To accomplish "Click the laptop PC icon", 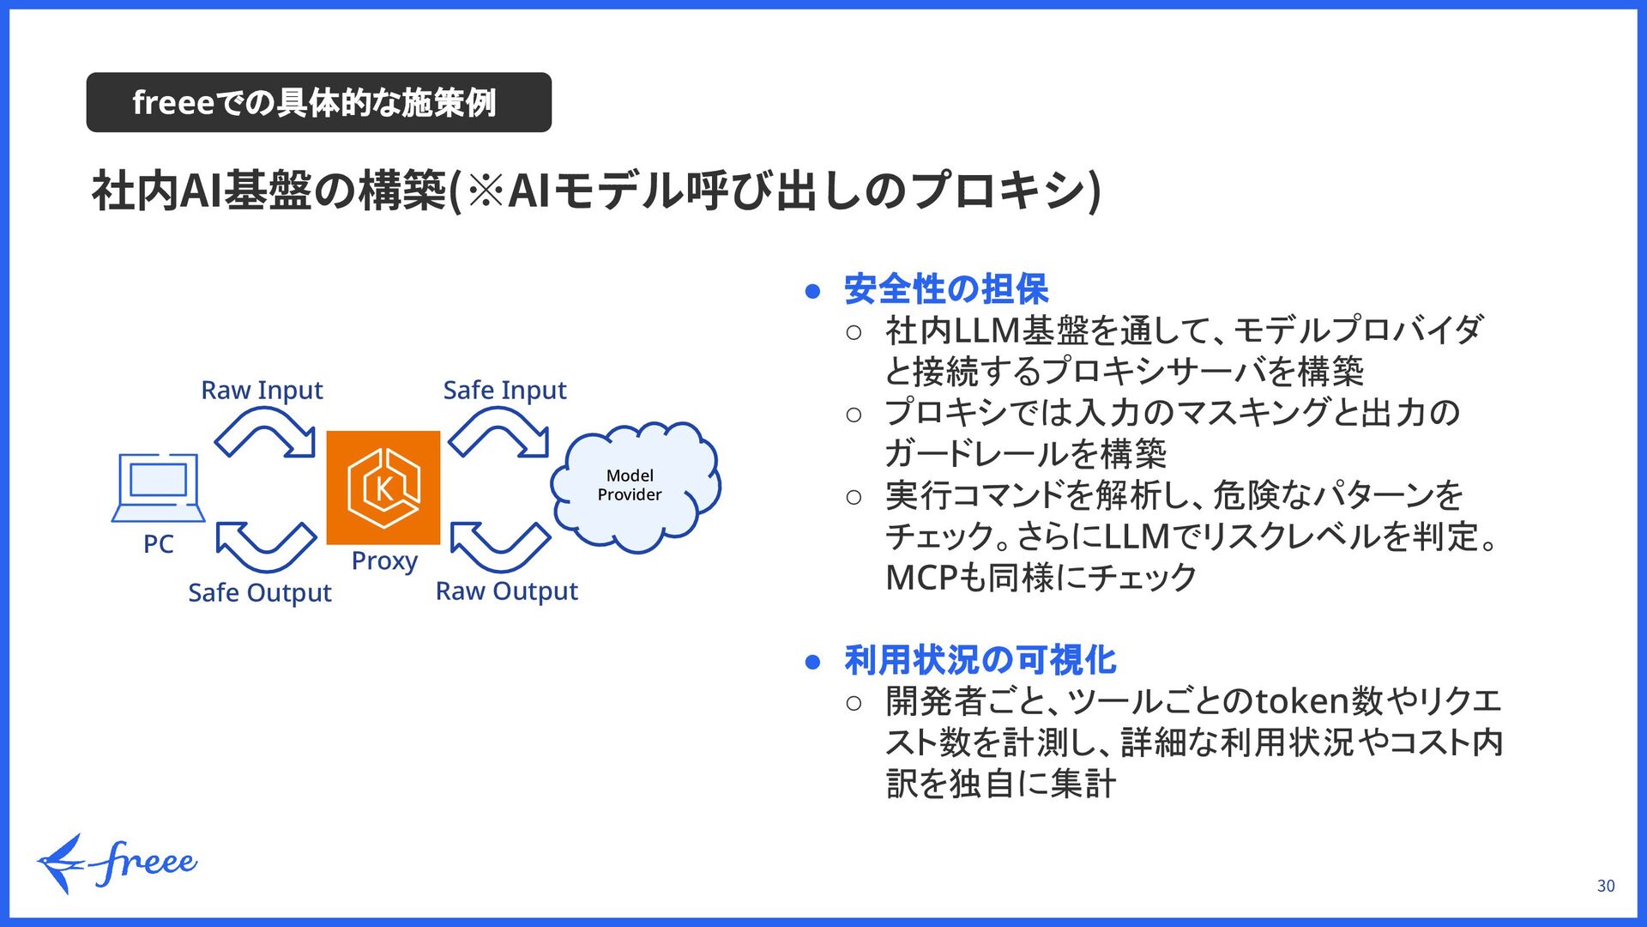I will [x=159, y=487].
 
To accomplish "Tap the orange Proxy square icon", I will [x=383, y=488].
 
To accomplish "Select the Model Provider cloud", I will [x=635, y=486].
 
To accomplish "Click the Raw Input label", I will [x=262, y=391].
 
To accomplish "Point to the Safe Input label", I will [x=504, y=391].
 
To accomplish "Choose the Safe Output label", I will [x=259, y=593].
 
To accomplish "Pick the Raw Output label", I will [x=506, y=591].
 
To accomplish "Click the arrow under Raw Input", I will [x=265, y=433].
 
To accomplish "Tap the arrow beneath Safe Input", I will [x=499, y=433].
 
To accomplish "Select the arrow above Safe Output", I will [x=266, y=546].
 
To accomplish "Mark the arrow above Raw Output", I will [x=500, y=546].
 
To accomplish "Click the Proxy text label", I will [x=384, y=560].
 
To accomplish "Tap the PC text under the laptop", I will [x=159, y=544].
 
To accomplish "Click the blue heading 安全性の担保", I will [x=945, y=289].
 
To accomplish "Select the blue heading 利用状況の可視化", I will [x=980, y=660].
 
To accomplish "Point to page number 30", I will [x=1606, y=886].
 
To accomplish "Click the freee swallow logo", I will [x=116, y=863].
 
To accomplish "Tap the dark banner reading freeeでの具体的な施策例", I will [x=318, y=102].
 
